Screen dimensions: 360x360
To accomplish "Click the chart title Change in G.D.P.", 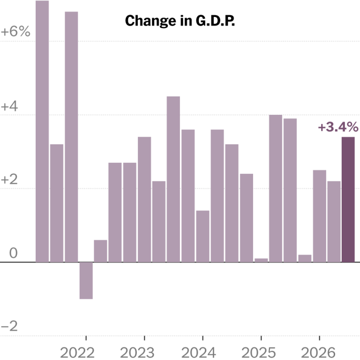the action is pos(180,21).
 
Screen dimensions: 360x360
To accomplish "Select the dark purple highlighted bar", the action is pos(348,199).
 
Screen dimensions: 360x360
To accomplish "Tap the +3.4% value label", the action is pos(338,127).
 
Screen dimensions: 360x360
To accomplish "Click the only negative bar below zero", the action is pos(86,280).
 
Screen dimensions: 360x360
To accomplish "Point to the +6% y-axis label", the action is pos(15,31).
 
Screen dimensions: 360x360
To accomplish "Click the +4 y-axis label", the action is pos(9,107).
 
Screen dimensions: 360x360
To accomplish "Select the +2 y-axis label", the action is pos(9,180).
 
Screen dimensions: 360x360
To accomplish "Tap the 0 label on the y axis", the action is pos(13,253).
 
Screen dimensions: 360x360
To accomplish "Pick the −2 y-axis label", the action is pos(9,326).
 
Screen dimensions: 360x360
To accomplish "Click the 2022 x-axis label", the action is pos(77,352).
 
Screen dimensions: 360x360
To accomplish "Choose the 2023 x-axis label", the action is pos(137,352).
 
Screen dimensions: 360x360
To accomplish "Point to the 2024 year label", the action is pos(199,352).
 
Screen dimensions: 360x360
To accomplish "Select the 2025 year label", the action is pos(259,352).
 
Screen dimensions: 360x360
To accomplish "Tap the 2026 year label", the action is pos(318,352).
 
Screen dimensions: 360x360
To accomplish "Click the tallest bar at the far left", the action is pos(42,131).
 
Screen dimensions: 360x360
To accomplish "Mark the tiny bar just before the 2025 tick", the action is pos(261,260).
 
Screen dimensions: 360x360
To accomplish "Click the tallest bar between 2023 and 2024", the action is pos(173,179).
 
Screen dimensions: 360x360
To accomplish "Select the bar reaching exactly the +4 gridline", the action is pos(276,188).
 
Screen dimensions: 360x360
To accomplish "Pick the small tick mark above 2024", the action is pos(202,337).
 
